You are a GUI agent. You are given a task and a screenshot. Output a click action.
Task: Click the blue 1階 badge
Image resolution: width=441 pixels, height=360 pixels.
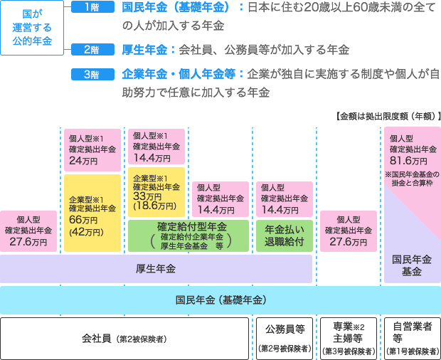93,8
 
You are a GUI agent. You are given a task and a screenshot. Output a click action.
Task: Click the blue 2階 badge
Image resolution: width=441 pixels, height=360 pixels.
93,50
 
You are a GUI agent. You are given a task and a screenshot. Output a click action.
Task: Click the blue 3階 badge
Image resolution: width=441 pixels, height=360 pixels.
93,73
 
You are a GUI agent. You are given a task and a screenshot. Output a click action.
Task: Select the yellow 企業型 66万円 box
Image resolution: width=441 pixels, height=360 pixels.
92,213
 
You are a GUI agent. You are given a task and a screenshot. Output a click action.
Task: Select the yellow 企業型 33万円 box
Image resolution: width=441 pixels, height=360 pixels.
156,191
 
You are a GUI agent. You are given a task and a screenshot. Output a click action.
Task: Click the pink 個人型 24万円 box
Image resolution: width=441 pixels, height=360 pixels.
92,150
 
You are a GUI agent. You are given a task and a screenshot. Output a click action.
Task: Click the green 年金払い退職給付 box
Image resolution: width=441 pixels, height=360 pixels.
284,236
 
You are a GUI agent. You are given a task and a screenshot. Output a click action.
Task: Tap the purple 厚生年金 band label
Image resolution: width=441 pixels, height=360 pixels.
156,268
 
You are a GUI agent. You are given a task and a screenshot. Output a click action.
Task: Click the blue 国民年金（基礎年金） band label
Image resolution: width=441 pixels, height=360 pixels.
220,300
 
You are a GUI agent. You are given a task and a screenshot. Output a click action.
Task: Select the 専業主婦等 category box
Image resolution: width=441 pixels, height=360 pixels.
349,338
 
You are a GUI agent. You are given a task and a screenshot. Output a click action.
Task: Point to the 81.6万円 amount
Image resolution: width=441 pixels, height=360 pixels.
412,162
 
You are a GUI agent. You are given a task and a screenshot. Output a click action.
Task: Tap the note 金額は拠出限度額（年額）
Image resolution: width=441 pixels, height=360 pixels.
387,116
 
